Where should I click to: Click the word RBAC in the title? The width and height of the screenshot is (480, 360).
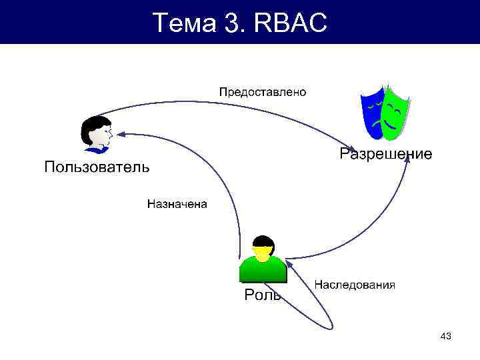pos(291,23)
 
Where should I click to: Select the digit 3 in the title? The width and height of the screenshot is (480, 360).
pos(234,23)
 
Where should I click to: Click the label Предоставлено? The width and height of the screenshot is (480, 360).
pos(263,92)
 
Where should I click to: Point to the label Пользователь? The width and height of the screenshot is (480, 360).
pos(97,166)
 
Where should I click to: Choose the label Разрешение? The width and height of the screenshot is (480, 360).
pos(385,154)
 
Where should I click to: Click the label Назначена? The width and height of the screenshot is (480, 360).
pos(177,204)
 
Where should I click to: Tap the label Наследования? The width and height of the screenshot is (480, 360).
pos(355,285)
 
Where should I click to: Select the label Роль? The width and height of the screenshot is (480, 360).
pos(262,294)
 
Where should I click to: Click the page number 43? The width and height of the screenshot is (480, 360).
pos(446,337)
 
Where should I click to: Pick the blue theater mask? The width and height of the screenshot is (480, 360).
pos(371,113)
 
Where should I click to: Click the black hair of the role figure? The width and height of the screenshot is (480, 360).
pos(263,241)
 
